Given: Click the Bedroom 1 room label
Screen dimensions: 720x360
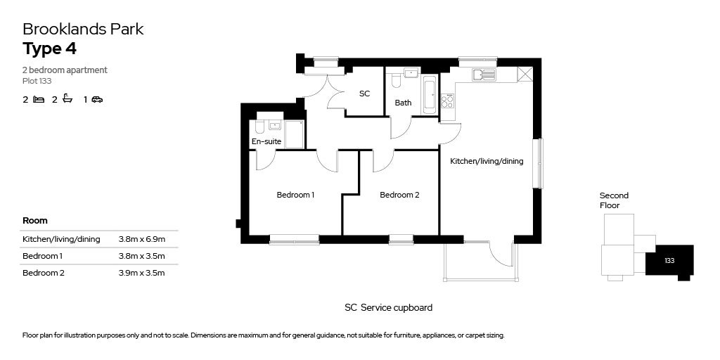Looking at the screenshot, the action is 295,195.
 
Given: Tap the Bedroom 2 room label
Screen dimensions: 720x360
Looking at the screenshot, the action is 399,195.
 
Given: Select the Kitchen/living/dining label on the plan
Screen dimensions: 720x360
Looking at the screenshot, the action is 487,161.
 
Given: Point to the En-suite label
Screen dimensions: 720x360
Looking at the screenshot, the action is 266,141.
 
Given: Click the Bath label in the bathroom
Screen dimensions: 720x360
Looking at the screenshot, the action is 403,103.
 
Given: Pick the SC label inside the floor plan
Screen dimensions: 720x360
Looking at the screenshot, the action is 365,94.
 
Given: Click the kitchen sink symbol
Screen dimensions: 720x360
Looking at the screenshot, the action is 484,75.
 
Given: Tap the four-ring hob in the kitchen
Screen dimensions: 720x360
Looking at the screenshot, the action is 447,101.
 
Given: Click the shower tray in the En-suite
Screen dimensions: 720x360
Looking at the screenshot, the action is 295,134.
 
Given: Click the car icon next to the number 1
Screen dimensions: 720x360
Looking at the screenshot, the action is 97,99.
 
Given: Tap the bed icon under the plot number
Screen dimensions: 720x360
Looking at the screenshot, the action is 39,99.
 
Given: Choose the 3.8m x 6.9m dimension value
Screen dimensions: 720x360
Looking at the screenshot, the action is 141,239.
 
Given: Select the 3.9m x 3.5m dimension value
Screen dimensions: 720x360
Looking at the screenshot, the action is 141,274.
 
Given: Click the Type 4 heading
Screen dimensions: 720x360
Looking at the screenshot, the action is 50,49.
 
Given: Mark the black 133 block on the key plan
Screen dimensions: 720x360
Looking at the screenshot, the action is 669,261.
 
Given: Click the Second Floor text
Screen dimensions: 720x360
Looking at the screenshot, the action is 614,200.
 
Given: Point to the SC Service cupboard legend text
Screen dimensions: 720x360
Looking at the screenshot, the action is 388,308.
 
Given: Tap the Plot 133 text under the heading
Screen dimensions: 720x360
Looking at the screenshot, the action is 37,82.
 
